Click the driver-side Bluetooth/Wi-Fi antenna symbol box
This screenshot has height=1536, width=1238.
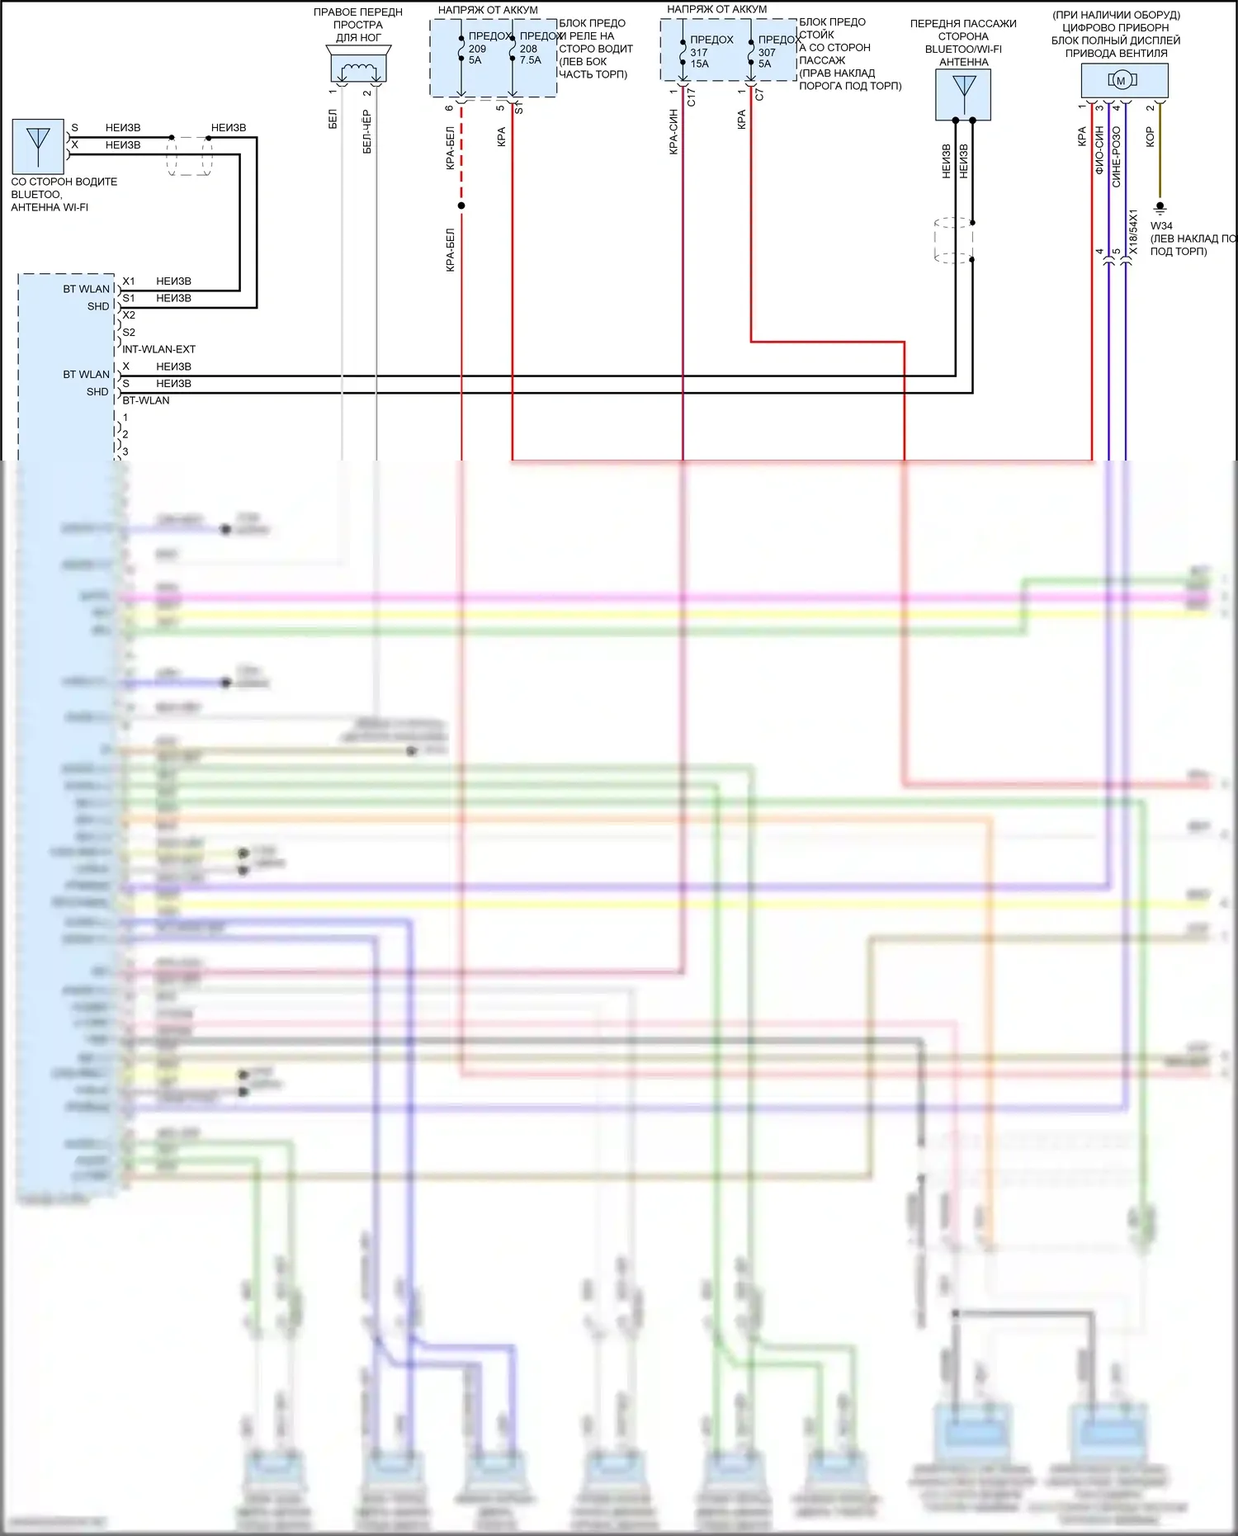coord(38,145)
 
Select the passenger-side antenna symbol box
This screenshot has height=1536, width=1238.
coord(963,94)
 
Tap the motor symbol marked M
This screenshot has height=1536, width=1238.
coord(1121,80)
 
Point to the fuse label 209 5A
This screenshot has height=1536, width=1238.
coord(477,54)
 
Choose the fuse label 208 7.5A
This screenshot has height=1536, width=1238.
coord(530,54)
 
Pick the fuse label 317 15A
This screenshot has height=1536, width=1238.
coord(699,58)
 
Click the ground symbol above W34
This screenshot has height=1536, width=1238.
coord(1160,207)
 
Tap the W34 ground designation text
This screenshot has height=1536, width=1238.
coord(1161,225)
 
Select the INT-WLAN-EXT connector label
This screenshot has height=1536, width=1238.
coord(158,349)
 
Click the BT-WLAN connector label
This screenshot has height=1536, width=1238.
coord(146,400)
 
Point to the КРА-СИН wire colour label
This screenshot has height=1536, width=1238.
coord(673,132)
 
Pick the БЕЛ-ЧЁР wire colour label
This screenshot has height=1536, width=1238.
coord(367,131)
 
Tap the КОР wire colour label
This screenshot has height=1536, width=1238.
coord(1150,137)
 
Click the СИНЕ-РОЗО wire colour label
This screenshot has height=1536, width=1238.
coord(1117,157)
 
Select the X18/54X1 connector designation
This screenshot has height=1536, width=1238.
coord(1134,232)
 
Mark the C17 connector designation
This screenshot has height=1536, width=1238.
coord(692,97)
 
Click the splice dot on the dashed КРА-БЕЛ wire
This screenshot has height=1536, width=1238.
coord(461,206)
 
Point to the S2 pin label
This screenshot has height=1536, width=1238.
coord(129,332)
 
